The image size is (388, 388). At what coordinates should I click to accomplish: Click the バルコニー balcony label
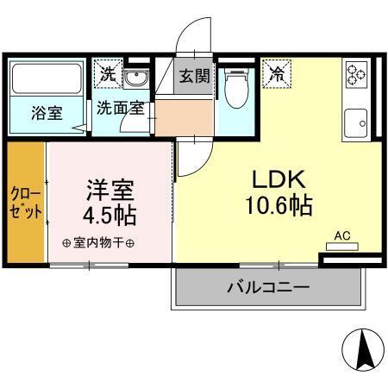pyautogui.click(x=267, y=286)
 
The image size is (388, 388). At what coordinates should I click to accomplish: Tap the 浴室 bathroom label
pyautogui.click(x=47, y=113)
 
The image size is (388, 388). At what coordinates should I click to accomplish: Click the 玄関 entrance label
pyautogui.click(x=194, y=75)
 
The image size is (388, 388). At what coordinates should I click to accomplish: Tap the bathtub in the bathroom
pyautogui.click(x=47, y=80)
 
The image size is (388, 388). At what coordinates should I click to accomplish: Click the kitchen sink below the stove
pyautogui.click(x=354, y=124)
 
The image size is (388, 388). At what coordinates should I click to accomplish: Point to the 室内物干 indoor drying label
pyautogui.click(x=97, y=242)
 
